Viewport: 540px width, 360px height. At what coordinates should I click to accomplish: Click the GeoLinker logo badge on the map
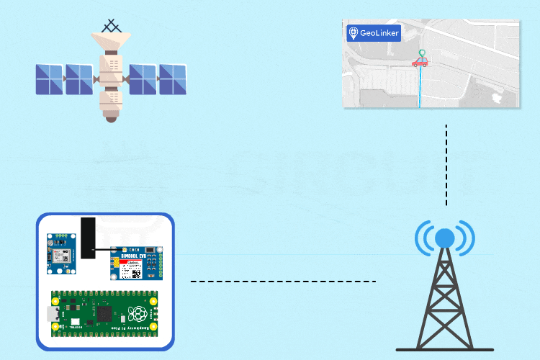point(373,33)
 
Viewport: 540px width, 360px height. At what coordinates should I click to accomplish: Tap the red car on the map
point(420,63)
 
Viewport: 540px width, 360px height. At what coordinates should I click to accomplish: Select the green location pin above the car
point(421,53)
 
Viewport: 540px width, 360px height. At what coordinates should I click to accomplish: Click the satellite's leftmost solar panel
point(50,79)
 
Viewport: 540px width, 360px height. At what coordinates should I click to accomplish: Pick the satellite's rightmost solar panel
point(173,79)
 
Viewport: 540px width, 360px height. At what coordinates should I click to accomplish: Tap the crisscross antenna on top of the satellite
point(112,27)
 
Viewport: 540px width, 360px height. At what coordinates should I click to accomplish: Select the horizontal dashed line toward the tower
point(283,282)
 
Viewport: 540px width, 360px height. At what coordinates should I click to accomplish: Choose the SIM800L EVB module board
point(137,263)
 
